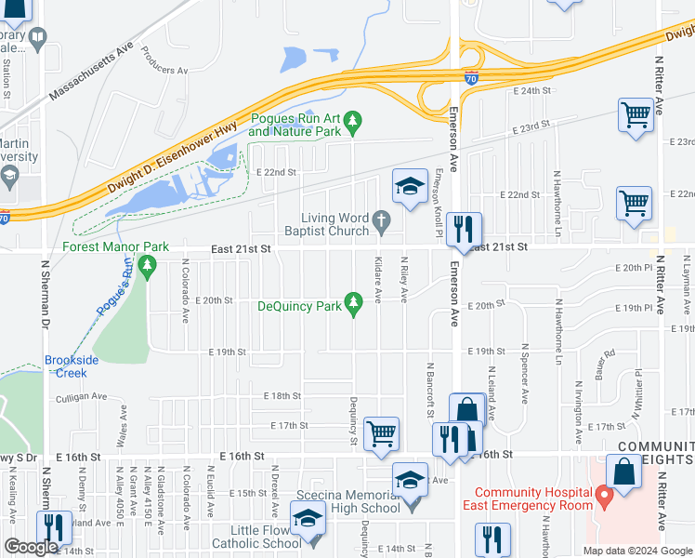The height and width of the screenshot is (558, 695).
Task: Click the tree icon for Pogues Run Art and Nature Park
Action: pyautogui.click(x=352, y=121)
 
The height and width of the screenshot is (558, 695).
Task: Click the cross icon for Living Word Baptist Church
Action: pyautogui.click(x=381, y=221)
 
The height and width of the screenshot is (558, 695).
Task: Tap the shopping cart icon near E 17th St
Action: pyautogui.click(x=382, y=433)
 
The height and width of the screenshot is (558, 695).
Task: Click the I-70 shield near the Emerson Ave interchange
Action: pyautogui.click(x=472, y=81)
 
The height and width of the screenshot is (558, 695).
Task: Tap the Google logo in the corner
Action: pyautogui.click(x=32, y=547)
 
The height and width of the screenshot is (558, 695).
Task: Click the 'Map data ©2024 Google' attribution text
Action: pyautogui.click(x=636, y=550)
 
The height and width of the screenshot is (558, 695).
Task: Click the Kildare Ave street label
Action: pyautogui.click(x=378, y=280)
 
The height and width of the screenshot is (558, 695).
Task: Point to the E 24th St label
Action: pyautogui.click(x=532, y=91)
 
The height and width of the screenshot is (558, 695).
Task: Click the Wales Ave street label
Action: pyautogui.click(x=121, y=429)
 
